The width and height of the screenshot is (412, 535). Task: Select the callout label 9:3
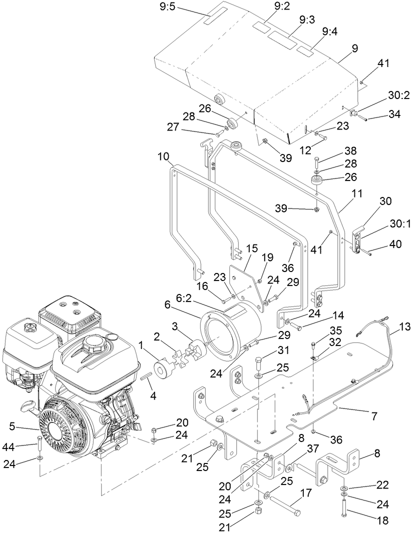(x=307, y=19)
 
